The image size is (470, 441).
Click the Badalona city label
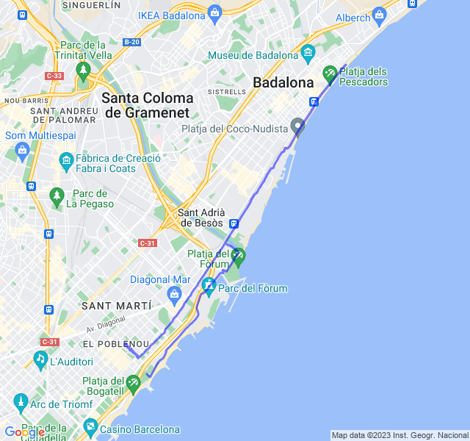[283, 83]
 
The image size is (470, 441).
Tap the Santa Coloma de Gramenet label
[148, 105]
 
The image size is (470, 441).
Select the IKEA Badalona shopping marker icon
[214, 12]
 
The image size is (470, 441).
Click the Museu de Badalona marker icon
[308, 53]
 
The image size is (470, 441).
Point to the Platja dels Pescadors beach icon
[329, 73]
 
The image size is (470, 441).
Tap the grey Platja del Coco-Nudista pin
[297, 126]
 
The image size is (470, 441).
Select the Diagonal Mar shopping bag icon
[175, 294]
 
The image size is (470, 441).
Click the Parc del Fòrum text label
[256, 289]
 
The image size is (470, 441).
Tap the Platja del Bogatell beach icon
[133, 382]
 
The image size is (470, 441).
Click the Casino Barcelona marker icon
[90, 426]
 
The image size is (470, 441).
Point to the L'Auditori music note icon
[40, 359]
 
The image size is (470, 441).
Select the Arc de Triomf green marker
[20, 401]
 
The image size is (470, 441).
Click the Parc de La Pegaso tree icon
[57, 195]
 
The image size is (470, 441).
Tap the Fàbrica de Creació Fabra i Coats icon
[66, 159]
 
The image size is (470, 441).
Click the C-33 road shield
[54, 75]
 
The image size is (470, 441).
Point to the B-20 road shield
[131, 42]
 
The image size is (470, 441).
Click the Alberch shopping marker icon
[379, 14]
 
